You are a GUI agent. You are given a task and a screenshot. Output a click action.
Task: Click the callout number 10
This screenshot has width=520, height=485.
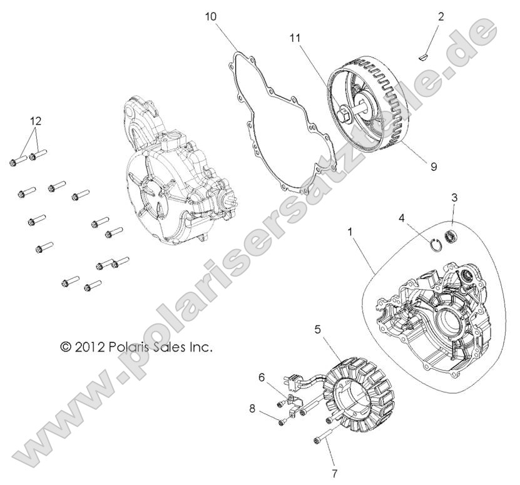coord(212,16)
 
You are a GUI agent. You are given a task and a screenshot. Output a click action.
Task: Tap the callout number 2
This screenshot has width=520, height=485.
coord(441,16)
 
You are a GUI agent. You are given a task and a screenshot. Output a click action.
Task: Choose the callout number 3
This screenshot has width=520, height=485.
coord(454,197)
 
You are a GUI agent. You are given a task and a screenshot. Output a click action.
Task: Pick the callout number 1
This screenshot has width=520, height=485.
coord(350,232)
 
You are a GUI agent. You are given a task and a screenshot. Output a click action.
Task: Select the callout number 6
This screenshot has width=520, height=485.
coord(262,377)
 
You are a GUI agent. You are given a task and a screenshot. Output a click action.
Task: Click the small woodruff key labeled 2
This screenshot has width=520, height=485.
coord(424,58)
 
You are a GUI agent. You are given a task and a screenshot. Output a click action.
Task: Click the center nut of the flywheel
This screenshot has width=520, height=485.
coord(344,115)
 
